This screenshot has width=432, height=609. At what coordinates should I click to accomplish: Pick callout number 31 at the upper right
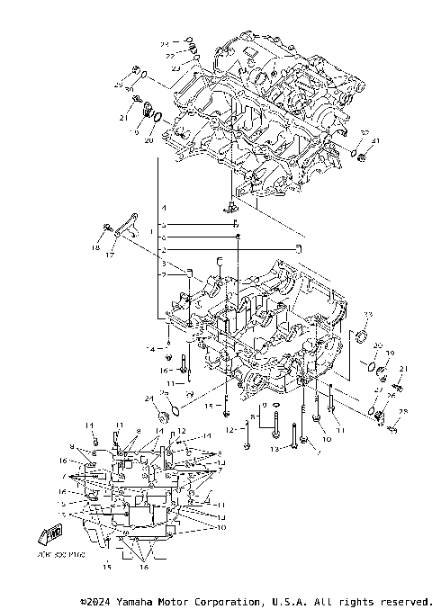pos(377,142)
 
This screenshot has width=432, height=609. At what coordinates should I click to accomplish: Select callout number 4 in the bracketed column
pos(164,208)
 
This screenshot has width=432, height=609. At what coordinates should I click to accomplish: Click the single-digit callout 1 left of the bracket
pos(152,232)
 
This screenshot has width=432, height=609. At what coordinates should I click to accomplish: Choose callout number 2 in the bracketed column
pos(164,247)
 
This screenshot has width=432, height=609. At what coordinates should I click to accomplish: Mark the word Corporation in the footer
pos(226,601)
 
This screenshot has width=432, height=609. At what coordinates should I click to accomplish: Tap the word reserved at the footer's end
pos(404,601)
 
